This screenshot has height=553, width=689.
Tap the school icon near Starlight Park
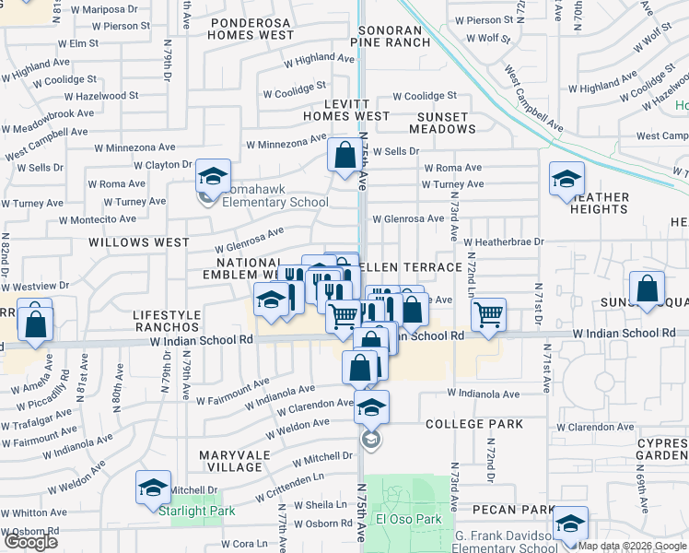pos(154,489)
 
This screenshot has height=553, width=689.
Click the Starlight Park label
pos(196,511)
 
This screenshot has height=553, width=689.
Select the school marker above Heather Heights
pos(566,180)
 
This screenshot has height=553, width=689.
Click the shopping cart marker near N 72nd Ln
pos(488,315)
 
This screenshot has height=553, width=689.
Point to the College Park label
pos(473,424)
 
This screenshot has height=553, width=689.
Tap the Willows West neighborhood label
pos(138,242)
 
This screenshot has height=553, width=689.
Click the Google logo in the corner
pos(29,542)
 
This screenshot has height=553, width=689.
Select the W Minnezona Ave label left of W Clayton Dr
pos(134,147)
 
